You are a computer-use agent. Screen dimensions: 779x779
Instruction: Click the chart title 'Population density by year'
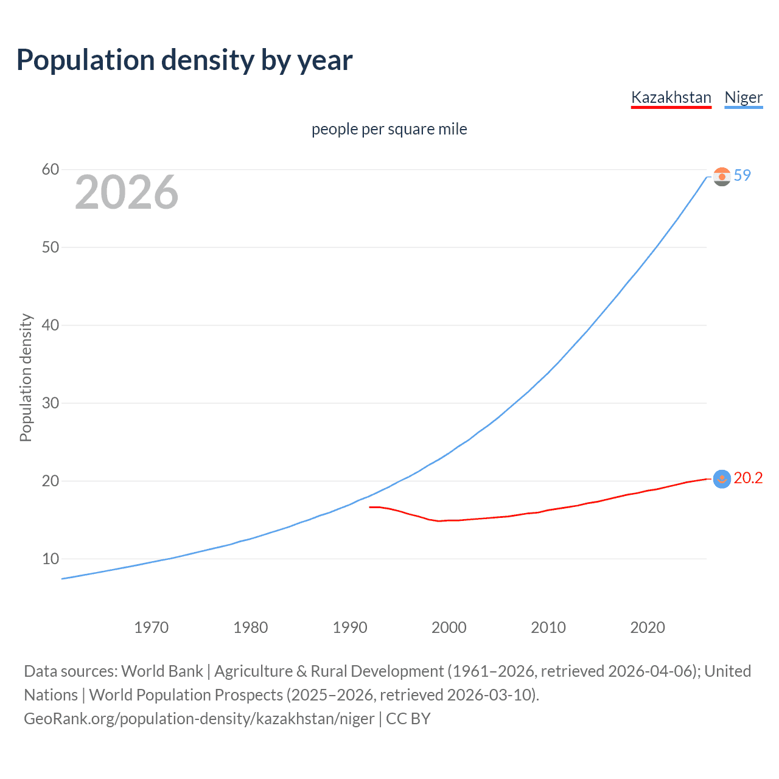[184, 60]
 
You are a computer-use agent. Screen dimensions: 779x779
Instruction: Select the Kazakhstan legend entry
[671, 97]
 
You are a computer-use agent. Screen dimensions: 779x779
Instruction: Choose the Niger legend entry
[743, 97]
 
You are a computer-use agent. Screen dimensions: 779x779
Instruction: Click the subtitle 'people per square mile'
[389, 129]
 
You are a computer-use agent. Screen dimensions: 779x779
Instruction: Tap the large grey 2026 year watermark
[127, 192]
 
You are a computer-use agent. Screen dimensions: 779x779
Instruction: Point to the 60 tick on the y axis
[51, 169]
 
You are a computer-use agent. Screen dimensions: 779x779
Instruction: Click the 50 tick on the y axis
[51, 247]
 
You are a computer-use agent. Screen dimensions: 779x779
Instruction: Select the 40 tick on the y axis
[51, 325]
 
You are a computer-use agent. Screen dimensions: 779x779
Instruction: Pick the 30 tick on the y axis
[51, 403]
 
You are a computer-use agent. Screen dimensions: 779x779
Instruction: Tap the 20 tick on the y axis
[51, 481]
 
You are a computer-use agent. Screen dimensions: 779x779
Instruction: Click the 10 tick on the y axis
[51, 559]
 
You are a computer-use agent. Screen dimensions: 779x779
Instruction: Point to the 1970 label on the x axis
[151, 627]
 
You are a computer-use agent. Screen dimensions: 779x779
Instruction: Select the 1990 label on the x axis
[350, 627]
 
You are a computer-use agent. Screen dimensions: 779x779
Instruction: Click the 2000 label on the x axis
[449, 627]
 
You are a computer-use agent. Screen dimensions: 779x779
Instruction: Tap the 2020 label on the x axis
[648, 627]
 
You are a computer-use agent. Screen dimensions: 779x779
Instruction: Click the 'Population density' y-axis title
[26, 377]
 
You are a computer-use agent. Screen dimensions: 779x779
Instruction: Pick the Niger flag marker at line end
[722, 176]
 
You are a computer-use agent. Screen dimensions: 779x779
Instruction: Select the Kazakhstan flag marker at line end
[722, 480]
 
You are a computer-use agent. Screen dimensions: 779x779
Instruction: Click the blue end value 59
[742, 175]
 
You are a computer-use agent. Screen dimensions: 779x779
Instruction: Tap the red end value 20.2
[748, 478]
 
